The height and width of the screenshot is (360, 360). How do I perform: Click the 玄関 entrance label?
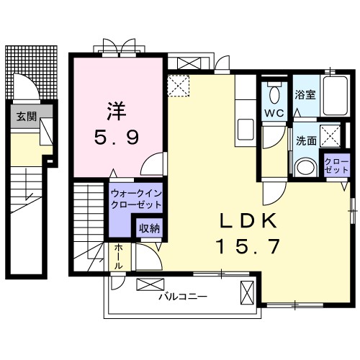[27, 117]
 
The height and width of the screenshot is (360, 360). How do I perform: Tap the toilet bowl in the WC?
[274, 94]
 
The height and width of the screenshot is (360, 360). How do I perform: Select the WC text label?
[274, 113]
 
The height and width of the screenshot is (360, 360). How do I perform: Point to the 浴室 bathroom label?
[305, 95]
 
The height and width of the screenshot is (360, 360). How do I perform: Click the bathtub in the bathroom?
[336, 96]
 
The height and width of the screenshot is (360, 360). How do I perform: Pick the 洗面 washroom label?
[306, 140]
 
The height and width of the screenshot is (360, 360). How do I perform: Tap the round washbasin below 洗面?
[305, 167]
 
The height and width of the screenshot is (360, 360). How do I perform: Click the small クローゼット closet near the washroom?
[336, 166]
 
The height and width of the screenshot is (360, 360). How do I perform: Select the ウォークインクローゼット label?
[136, 199]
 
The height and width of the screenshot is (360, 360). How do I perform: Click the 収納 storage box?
[149, 228]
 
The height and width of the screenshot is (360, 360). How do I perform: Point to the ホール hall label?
[118, 257]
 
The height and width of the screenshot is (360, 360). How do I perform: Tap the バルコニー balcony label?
[183, 297]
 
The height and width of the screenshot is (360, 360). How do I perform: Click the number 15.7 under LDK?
[248, 246]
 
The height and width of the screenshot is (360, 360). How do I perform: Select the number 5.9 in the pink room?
[117, 138]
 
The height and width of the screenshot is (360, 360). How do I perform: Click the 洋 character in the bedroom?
[117, 112]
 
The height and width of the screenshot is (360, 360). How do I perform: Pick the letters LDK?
[248, 220]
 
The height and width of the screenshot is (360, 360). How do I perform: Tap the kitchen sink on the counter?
[246, 130]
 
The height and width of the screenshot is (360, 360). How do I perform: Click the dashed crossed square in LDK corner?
[179, 86]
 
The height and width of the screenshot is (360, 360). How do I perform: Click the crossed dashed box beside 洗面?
[330, 136]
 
